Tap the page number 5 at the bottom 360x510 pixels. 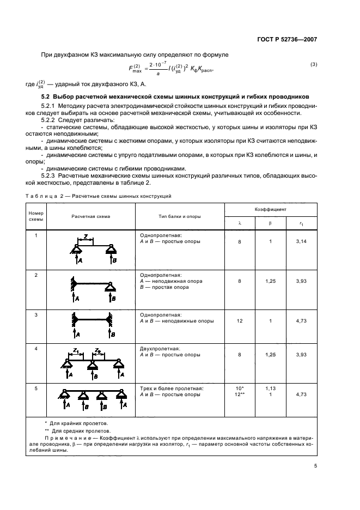click(x=315, y=466)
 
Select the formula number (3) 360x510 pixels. click(x=314, y=65)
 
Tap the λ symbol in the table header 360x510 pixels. click(x=240, y=223)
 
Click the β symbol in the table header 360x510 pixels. click(x=270, y=223)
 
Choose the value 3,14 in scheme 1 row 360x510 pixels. click(x=301, y=241)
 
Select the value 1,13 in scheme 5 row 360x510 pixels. click(x=270, y=388)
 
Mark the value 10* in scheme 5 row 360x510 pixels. click(x=240, y=388)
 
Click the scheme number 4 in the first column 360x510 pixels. click(x=36, y=348)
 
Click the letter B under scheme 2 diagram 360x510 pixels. click(x=113, y=299)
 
